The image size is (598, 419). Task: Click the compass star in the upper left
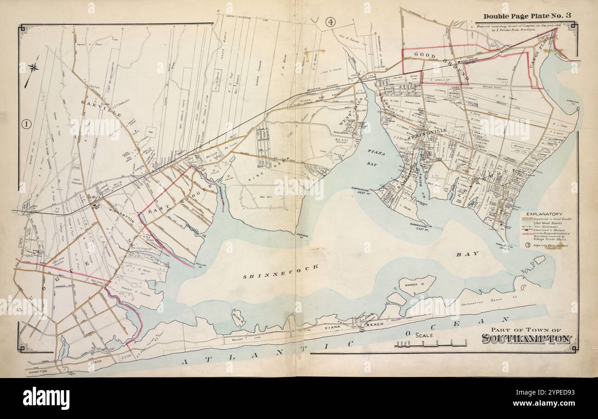click(33, 68)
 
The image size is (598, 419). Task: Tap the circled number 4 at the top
click(330, 21)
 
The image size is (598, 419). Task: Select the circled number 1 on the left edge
click(26, 123)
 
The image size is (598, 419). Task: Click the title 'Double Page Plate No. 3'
click(527, 16)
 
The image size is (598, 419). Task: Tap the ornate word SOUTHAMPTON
click(527, 339)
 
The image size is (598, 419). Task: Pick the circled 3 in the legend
click(528, 245)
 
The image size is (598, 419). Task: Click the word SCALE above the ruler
click(425, 336)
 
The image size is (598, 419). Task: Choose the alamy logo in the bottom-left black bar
click(46, 398)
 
